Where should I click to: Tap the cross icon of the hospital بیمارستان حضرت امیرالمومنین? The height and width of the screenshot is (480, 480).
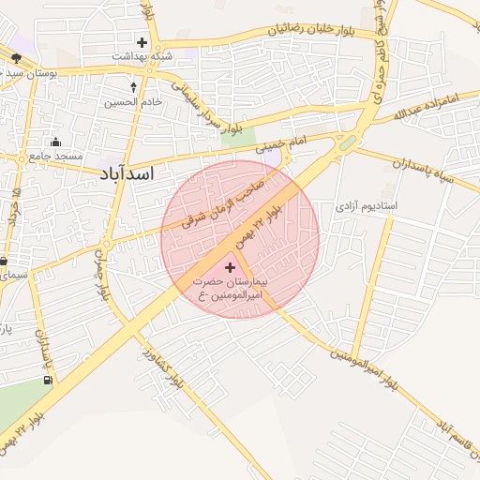coord(231,268)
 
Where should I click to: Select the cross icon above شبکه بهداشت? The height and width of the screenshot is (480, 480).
coord(142,42)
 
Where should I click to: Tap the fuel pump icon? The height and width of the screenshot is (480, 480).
coord(47,381)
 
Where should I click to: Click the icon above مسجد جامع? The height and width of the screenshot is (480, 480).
coord(56,142)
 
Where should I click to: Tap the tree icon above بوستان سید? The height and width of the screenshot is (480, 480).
coord(16,58)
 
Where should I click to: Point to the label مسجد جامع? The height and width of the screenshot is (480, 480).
coord(55,156)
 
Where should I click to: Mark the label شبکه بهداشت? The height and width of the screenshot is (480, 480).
coord(142,56)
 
